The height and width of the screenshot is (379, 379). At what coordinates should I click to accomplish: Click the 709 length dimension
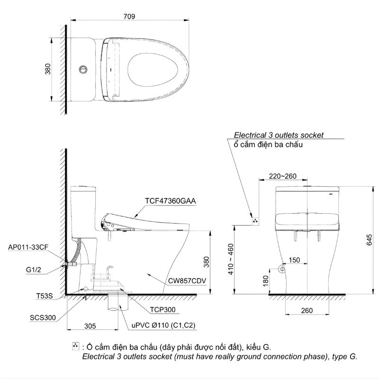tap(129, 16)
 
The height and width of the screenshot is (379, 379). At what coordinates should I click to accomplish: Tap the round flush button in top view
tap(83, 69)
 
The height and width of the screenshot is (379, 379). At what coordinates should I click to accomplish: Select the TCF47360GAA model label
tap(171, 200)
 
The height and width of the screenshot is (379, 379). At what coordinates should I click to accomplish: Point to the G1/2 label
tap(35, 270)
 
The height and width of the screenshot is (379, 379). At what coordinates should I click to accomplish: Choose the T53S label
tap(44, 296)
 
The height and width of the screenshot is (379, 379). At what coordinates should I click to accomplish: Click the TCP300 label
tap(163, 310)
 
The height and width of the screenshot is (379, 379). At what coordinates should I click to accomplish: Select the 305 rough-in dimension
tap(90, 325)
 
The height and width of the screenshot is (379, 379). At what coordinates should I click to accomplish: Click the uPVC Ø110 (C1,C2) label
tap(163, 325)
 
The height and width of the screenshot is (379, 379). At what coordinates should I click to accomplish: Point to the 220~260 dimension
tap(282, 176)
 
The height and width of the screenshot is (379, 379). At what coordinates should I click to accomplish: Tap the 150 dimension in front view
tap(294, 260)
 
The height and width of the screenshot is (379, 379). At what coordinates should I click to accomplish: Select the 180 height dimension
tap(265, 280)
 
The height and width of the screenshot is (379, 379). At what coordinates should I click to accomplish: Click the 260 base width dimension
tap(307, 310)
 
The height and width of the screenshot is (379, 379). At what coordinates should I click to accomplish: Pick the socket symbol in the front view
tap(255, 220)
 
